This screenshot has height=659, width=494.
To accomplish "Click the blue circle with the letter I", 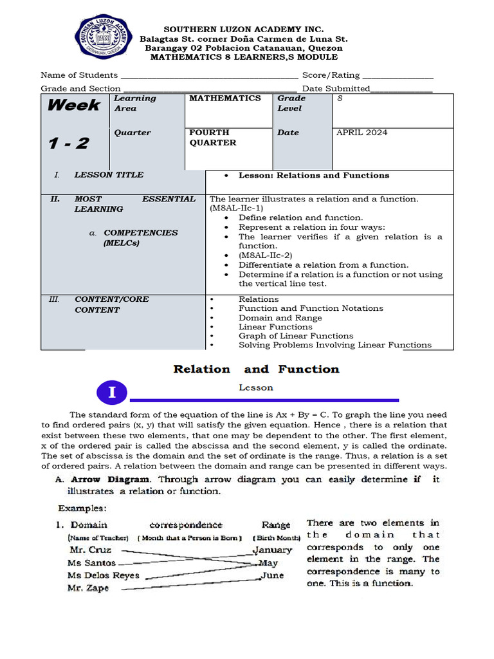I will pyautogui.click(x=113, y=393).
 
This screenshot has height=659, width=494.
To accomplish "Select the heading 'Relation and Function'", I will pyautogui.click(x=256, y=369).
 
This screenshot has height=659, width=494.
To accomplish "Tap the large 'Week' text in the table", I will pyautogui.click(x=73, y=106).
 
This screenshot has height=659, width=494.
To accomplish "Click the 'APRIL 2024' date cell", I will pyautogui.click(x=362, y=133).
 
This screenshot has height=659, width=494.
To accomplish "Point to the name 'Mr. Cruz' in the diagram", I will pyautogui.click(x=90, y=550).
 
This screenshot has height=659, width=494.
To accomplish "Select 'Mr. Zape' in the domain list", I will pyautogui.click(x=88, y=588).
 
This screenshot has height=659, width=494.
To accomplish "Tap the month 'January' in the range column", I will pyautogui.click(x=273, y=550).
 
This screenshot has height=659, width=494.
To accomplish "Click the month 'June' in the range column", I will pyautogui.click(x=273, y=575).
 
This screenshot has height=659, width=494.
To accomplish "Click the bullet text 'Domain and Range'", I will pyautogui.click(x=280, y=318).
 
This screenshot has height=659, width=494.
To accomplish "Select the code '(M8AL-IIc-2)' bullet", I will pyautogui.click(x=265, y=255).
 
